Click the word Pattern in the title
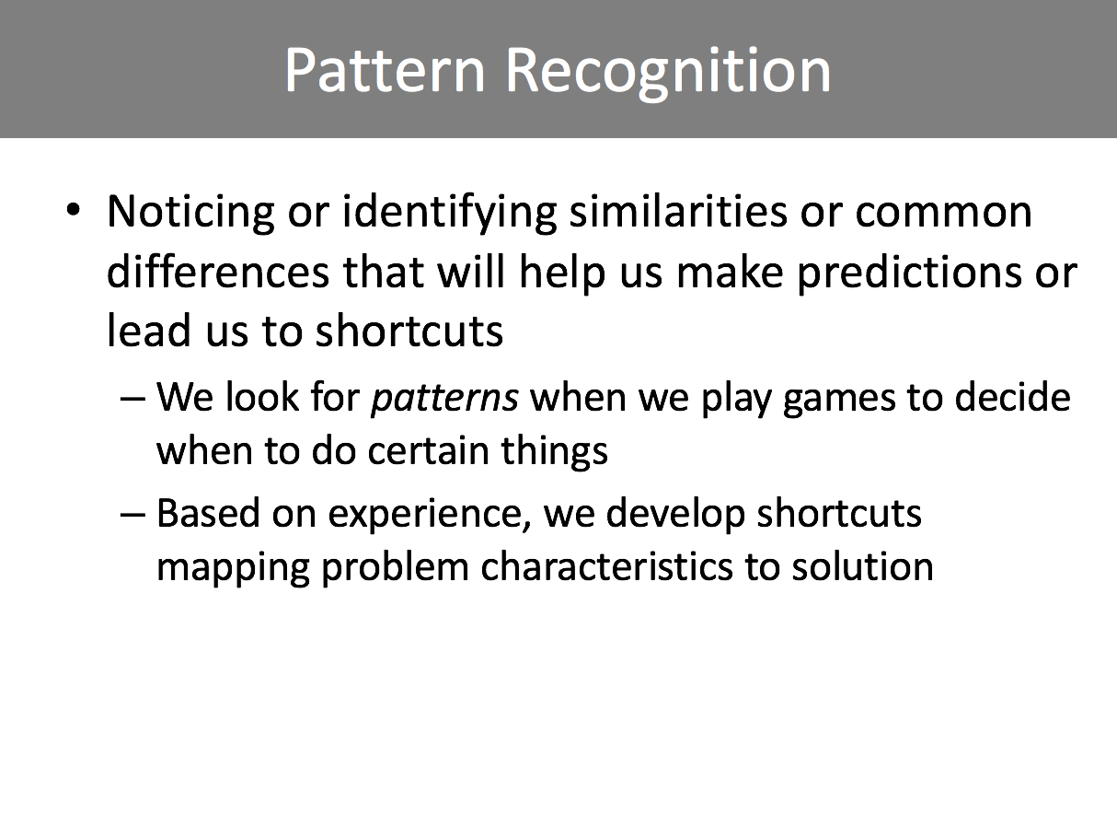pos(385,70)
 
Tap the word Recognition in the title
pos(668,74)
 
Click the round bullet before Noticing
pos(74,210)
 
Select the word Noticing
pos(190,214)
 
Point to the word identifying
pos(449,214)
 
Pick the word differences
pos(218,272)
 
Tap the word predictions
pos(909,274)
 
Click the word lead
pos(148,330)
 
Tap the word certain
pos(429,450)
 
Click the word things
pos(555,451)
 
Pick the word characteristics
pos(606,566)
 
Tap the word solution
pos(862,566)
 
